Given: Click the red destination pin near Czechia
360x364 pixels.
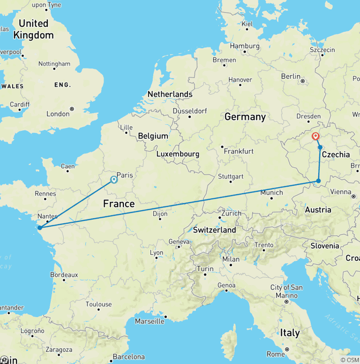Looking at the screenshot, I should (x=316, y=136).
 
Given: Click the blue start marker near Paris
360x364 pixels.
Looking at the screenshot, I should (x=114, y=180).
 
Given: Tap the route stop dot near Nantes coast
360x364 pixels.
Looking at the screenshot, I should (x=40, y=228).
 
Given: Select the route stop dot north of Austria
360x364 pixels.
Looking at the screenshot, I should (x=318, y=181).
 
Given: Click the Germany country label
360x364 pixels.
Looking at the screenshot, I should (x=245, y=117).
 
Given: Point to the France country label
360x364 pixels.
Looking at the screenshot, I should (x=119, y=204).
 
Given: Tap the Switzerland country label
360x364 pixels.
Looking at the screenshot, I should (x=215, y=230).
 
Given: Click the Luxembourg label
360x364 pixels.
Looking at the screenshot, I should (x=178, y=154).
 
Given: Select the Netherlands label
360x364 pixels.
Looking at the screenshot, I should (x=170, y=94).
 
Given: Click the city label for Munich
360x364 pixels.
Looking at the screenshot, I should (x=271, y=192).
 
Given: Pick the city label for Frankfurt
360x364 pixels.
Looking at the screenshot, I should (x=239, y=151).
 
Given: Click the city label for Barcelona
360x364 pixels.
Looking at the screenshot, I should (x=128, y=356).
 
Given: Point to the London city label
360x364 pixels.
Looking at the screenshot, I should (x=58, y=114).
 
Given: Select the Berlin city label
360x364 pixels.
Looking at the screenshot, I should (x=291, y=76).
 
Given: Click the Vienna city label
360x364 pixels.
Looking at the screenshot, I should (x=341, y=191).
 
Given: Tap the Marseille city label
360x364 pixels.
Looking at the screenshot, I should (x=150, y=321).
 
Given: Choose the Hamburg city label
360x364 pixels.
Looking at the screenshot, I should (x=245, y=46).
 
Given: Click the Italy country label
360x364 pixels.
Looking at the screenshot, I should (x=290, y=333).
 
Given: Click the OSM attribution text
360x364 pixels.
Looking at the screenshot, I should (x=352, y=360).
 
